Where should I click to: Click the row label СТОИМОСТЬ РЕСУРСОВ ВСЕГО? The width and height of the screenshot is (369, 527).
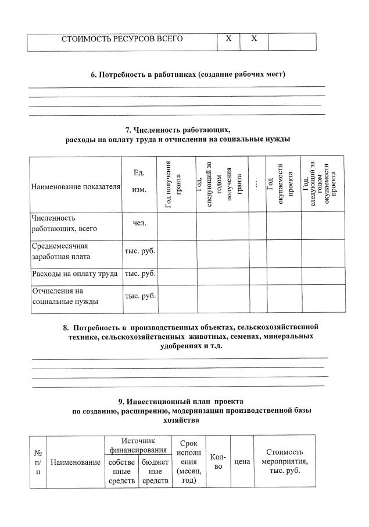(122, 39)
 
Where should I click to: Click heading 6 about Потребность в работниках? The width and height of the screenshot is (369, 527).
(188, 75)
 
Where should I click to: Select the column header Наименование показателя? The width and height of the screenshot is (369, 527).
(75, 187)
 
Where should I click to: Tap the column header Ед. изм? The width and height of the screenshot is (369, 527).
(139, 182)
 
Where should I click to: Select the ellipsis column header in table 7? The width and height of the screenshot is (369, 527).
(256, 184)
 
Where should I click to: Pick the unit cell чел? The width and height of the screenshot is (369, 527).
(139, 223)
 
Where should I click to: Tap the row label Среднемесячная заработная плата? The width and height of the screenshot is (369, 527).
(60, 251)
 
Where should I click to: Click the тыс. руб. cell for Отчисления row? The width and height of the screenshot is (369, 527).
(140, 296)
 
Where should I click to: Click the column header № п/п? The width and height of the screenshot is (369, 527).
(38, 462)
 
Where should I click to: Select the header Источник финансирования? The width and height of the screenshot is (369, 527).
(138, 446)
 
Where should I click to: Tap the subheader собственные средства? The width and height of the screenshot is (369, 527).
(121, 471)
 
